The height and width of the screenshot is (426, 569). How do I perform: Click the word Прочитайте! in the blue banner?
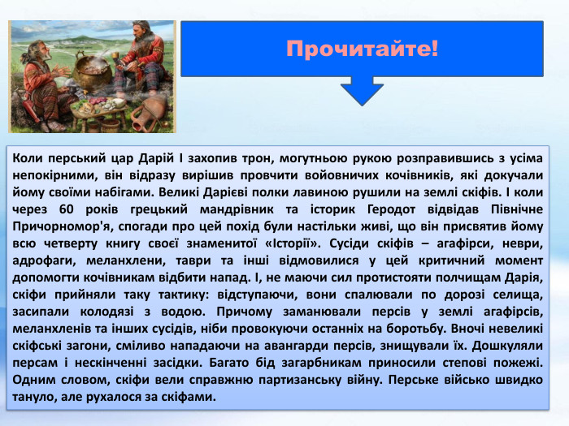point(362,49)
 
